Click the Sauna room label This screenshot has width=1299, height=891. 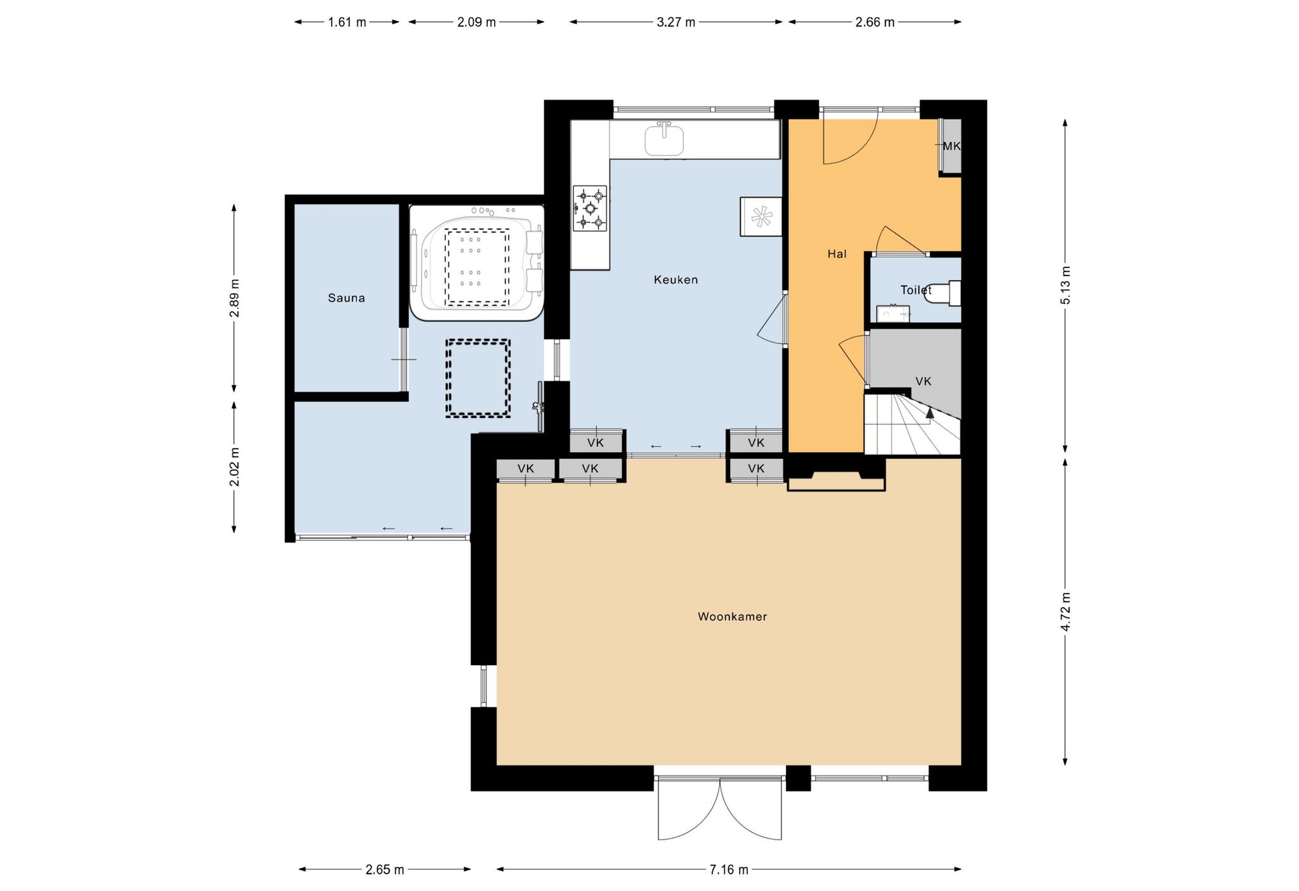pyautogui.click(x=346, y=298)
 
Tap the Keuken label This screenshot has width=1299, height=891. pyautogui.click(x=676, y=279)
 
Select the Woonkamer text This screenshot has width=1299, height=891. pyautogui.click(x=732, y=616)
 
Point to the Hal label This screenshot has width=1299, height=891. pyautogui.click(x=837, y=254)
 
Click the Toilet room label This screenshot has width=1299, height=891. pyautogui.click(x=916, y=290)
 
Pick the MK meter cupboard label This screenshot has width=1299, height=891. pyautogui.click(x=951, y=146)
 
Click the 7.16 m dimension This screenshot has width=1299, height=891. pyautogui.click(x=729, y=869)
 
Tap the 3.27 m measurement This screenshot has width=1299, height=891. pyautogui.click(x=676, y=22)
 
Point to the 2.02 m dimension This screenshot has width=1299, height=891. pyautogui.click(x=234, y=466)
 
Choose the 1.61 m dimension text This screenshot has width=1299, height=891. pyautogui.click(x=347, y=22)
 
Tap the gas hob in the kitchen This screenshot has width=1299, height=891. pyautogui.click(x=590, y=208)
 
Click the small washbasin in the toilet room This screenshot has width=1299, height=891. pyautogui.click(x=893, y=313)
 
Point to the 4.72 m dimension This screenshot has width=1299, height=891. pyautogui.click(x=1065, y=611)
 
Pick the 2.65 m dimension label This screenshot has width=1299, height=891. pyautogui.click(x=384, y=869)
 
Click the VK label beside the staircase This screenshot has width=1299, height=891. pyautogui.click(x=923, y=381)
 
